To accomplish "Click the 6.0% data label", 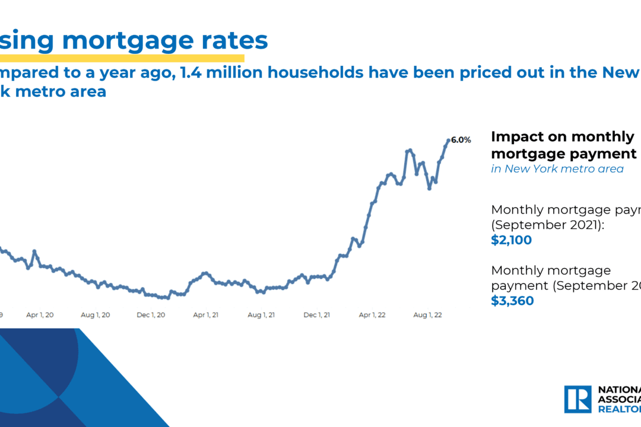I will [x=461, y=141].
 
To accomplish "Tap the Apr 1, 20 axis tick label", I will [x=40, y=315].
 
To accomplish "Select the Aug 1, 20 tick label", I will [x=96, y=315].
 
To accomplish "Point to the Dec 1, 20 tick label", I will [x=151, y=315].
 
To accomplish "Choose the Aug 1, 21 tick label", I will [x=261, y=315].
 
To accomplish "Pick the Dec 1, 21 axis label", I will [x=318, y=315].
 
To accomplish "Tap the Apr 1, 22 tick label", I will [x=372, y=315].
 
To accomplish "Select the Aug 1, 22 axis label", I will [x=428, y=315].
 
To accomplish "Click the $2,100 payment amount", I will [x=512, y=241].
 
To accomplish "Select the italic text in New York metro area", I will [x=557, y=169].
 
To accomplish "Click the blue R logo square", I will [x=577, y=399].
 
